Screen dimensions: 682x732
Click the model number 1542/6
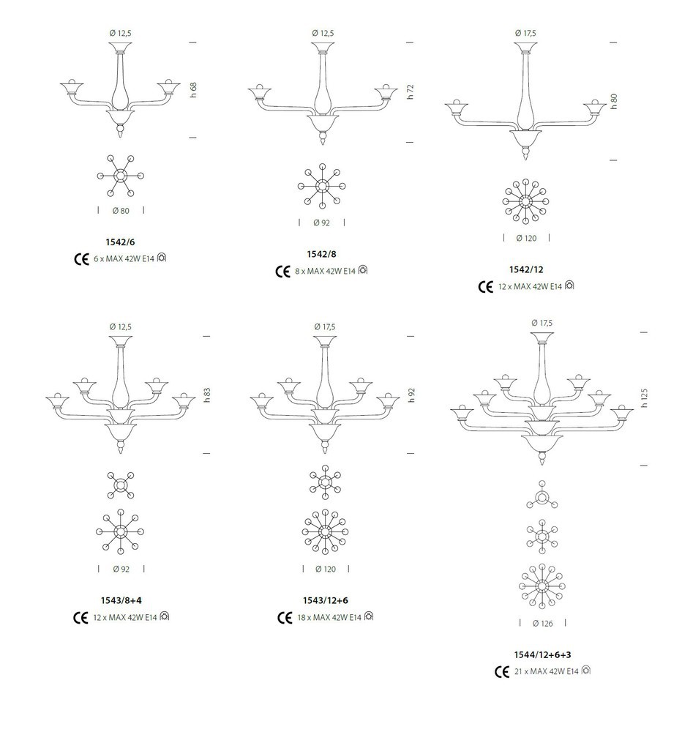(x=120, y=242)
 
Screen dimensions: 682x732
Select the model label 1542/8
(x=321, y=254)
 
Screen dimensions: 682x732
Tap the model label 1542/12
(x=526, y=269)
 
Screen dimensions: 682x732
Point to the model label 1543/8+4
(x=121, y=600)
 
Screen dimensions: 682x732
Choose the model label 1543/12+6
(x=326, y=600)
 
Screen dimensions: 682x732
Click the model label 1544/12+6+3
(x=542, y=654)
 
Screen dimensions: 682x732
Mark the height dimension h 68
(x=193, y=89)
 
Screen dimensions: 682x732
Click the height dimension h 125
(x=644, y=397)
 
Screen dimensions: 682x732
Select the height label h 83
(x=207, y=395)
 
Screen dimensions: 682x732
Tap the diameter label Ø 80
(x=121, y=211)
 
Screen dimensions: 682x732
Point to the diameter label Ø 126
(x=542, y=623)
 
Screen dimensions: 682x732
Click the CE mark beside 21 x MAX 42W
(x=502, y=672)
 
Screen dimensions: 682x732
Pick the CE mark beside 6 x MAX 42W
(x=82, y=259)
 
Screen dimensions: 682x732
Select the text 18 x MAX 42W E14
(x=329, y=618)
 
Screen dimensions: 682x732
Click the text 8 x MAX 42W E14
(x=325, y=271)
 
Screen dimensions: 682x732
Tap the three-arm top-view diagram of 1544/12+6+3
(x=542, y=496)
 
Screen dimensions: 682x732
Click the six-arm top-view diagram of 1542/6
(x=121, y=176)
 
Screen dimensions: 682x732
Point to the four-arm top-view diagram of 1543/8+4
(x=121, y=485)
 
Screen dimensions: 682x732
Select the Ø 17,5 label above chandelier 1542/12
(x=525, y=33)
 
